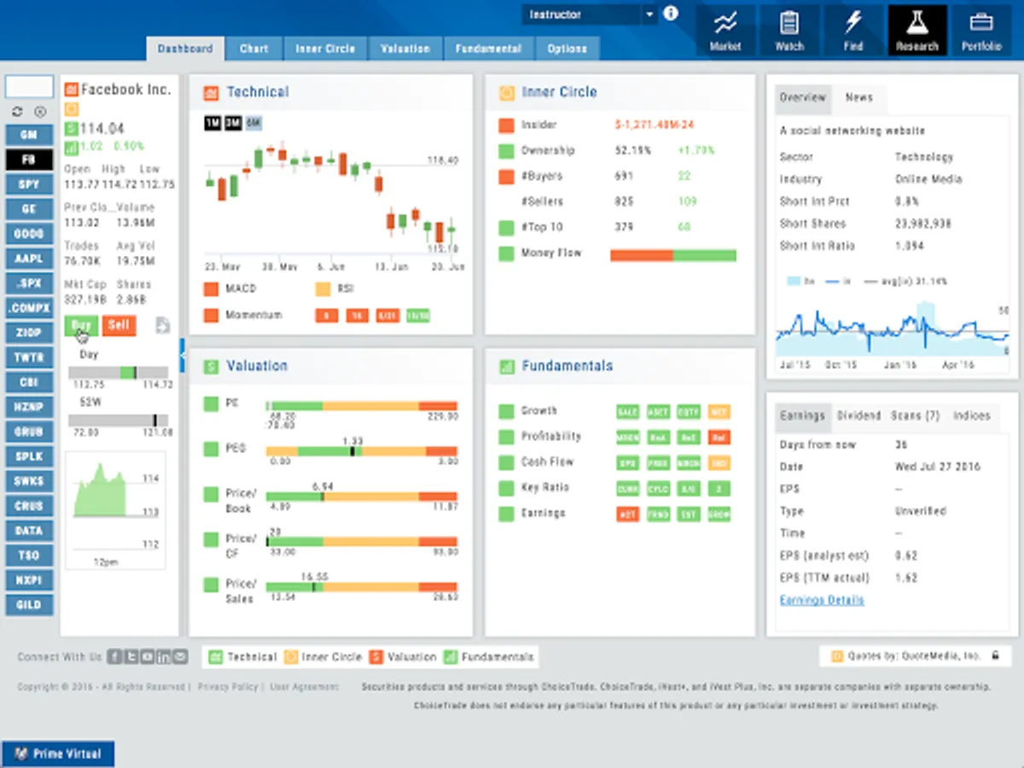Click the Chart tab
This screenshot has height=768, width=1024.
253,49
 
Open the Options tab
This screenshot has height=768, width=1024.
567,49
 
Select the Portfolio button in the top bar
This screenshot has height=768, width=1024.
981,31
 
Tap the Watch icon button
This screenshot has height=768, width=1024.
789,31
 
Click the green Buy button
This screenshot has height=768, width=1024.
81,325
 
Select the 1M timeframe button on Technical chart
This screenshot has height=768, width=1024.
212,124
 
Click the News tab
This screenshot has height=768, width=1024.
858,97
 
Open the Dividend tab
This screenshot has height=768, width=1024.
858,416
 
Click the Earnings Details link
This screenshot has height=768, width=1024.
822,600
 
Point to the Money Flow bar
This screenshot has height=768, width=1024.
673,254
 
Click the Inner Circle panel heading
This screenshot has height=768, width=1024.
559,92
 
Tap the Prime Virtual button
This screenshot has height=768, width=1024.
58,754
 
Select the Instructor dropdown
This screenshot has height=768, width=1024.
589,15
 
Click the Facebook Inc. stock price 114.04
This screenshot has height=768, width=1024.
102,129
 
